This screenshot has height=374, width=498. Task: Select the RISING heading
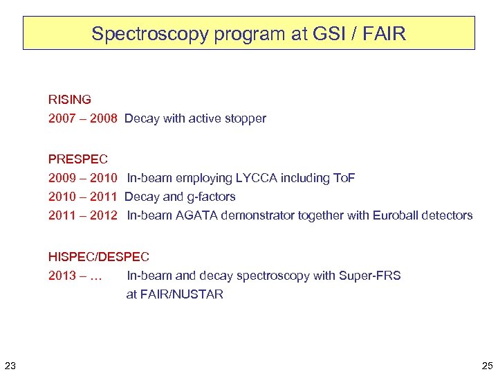[70, 100]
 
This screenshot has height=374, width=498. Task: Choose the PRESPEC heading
[78, 159]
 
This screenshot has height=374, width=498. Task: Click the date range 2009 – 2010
[83, 178]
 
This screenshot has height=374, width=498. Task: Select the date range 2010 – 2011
[83, 197]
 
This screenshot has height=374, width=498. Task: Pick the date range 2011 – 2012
[83, 215]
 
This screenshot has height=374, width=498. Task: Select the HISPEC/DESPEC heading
[99, 257]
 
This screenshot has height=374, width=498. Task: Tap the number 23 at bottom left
[10, 365]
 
